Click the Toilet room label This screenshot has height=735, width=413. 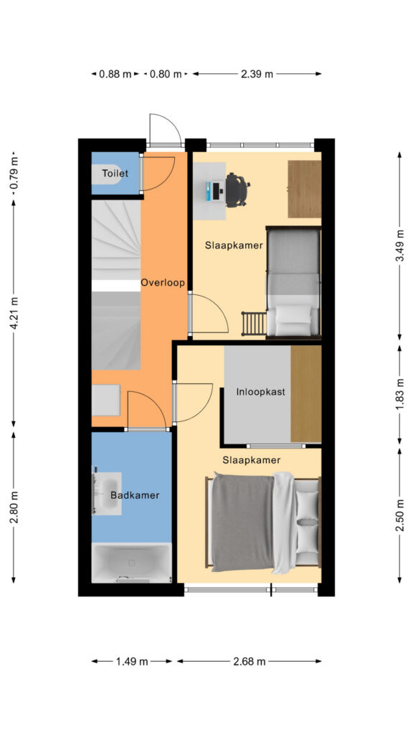(115, 174)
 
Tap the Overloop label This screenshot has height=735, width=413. (163, 283)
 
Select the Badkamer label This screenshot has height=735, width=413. (135, 495)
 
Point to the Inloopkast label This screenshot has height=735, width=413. (261, 392)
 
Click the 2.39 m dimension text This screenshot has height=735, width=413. (257, 74)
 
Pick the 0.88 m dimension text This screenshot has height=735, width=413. (115, 74)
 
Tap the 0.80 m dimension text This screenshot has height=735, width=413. (166, 74)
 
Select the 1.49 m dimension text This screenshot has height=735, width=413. (132, 661)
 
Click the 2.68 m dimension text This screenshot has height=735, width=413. (249, 661)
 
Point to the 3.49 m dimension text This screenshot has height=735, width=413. (399, 246)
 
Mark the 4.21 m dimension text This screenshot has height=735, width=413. (14, 313)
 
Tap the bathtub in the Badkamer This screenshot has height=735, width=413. (132, 563)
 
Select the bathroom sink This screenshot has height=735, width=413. (108, 494)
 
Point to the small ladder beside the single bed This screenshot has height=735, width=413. (254, 324)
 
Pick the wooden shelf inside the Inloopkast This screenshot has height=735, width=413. (305, 394)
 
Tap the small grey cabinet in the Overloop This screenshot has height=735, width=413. (106, 400)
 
